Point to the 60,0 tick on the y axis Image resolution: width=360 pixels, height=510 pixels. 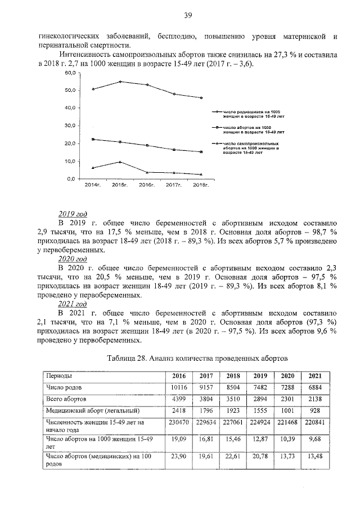[x=70, y=74]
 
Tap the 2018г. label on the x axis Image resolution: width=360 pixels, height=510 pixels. [x=201, y=185]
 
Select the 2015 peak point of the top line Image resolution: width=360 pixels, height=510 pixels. [x=120, y=82]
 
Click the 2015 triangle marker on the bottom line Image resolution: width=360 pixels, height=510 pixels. [x=120, y=162]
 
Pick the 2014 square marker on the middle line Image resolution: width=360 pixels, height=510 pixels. [x=93, y=139]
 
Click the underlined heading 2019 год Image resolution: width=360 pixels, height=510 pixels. [x=73, y=214]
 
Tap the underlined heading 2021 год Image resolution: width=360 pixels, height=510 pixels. [x=73, y=303]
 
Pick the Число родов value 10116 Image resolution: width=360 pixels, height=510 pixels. [x=178, y=387]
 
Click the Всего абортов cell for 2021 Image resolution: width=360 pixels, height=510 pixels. [x=315, y=399]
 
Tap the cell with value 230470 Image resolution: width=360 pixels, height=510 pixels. [x=178, y=422]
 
